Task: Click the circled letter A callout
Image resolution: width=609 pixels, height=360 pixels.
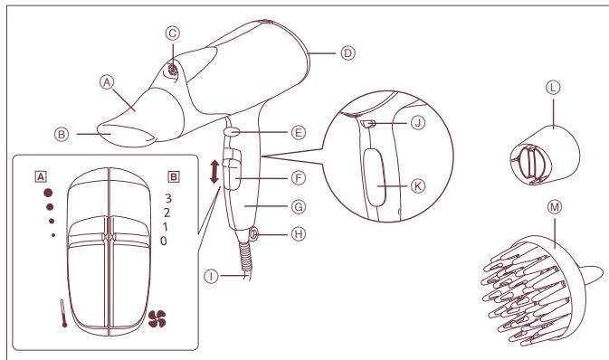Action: (x=106, y=80)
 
